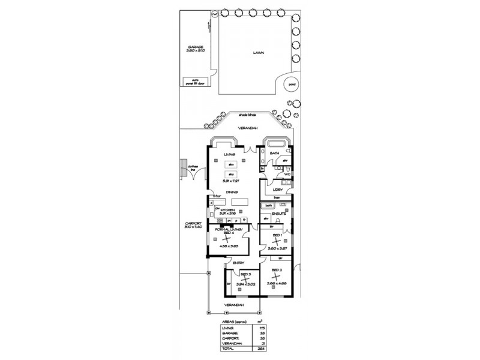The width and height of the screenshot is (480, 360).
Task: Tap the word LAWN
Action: [x=259, y=52]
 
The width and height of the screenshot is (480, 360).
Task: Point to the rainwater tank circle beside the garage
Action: [x=215, y=13]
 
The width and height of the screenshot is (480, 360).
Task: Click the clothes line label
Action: [x=194, y=169]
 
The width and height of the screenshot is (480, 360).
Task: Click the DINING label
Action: [x=230, y=193]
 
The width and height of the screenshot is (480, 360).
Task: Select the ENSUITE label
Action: [x=278, y=213]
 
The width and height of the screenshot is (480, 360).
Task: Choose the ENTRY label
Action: [x=238, y=262]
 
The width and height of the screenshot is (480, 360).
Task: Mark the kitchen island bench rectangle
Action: [x=239, y=201]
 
